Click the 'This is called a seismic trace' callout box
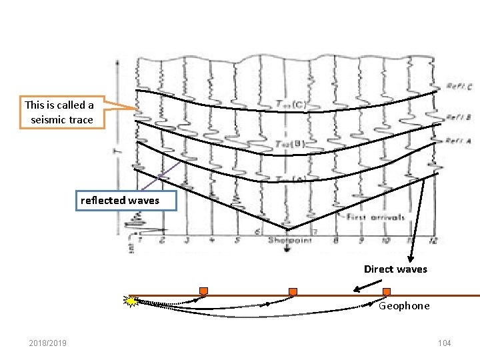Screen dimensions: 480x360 pyautogui.click(x=59, y=113)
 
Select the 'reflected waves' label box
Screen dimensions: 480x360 pyautogui.click(x=120, y=200)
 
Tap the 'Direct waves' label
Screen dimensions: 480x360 pyautogui.click(x=395, y=269)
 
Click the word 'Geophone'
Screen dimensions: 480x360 pyautogui.click(x=404, y=306)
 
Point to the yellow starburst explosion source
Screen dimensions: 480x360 pyautogui.click(x=132, y=301)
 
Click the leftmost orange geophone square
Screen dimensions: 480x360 pyautogui.click(x=203, y=291)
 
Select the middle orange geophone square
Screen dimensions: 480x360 pyautogui.click(x=292, y=292)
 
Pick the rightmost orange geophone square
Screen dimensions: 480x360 pyautogui.click(x=387, y=291)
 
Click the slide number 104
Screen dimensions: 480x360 pyautogui.click(x=444, y=343)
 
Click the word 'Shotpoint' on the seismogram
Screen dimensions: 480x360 pyautogui.click(x=287, y=240)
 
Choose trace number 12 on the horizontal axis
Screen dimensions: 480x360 pyautogui.click(x=434, y=240)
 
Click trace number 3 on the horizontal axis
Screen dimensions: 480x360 pyautogui.click(x=187, y=240)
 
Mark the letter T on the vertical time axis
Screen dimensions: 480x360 pyautogui.click(x=117, y=151)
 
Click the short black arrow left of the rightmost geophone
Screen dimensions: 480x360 pyautogui.click(x=363, y=288)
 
